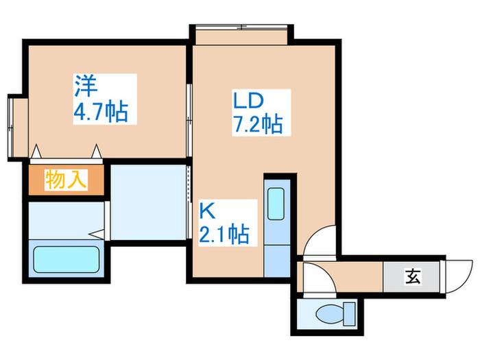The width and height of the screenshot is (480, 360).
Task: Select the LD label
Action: tap(248, 101)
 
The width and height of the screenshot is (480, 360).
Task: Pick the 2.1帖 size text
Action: tap(224, 234)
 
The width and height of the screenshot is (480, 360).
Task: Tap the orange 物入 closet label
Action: tap(66, 180)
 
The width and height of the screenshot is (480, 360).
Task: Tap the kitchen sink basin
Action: tap(278, 204)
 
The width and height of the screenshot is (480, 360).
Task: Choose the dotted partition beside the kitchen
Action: tap(189, 199)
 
